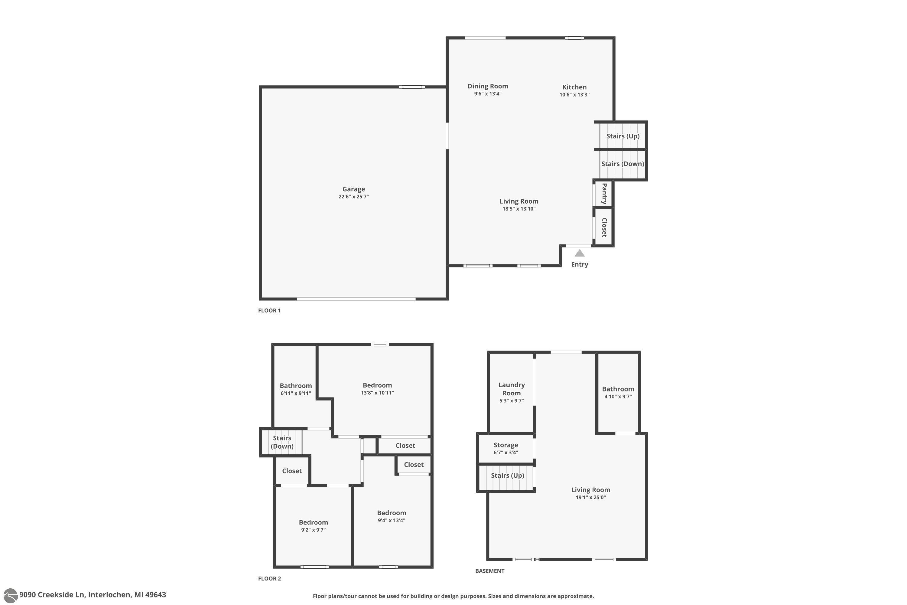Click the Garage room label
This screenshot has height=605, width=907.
354,189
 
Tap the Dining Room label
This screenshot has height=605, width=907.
488,86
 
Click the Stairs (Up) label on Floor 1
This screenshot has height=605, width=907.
623,136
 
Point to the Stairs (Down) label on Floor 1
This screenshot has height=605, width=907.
623,164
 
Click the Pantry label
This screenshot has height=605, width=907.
604,194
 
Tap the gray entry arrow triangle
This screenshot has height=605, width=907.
580,253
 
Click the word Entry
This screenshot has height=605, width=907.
580,265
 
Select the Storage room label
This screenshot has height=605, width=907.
506,445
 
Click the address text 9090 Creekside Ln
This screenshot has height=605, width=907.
52,595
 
